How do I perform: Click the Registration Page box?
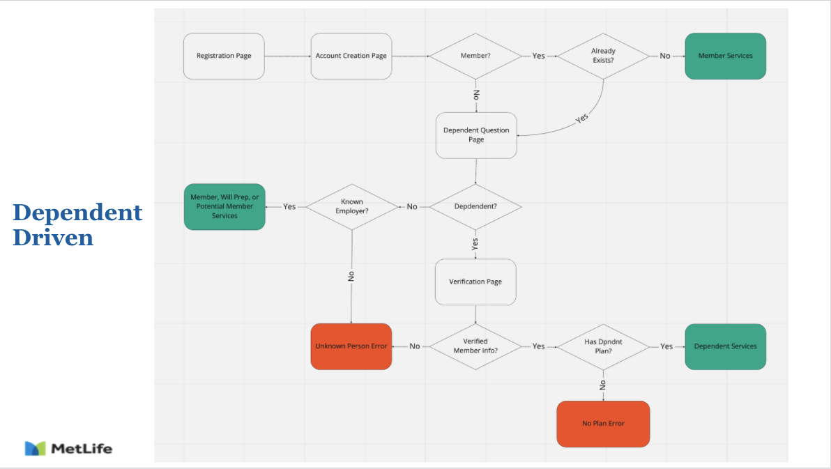[224, 56]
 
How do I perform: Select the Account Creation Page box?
[351, 56]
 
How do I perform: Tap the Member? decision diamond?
[475, 56]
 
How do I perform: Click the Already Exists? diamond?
[603, 56]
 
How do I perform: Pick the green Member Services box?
[726, 56]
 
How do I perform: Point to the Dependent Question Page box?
[476, 135]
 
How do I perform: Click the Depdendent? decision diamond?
[475, 207]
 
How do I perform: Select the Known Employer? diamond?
[352, 207]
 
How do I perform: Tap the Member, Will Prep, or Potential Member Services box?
[224, 207]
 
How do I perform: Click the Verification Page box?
[475, 282]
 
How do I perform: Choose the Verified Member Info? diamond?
[475, 346]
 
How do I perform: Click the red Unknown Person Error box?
[351, 346]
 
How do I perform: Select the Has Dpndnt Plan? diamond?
[603, 346]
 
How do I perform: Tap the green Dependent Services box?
[726, 346]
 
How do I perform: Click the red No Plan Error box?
[603, 424]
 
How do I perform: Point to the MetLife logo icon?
[35, 448]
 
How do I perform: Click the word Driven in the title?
[53, 238]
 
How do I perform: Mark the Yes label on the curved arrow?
[582, 118]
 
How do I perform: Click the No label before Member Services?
[664, 56]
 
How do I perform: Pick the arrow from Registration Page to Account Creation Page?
[288, 56]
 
